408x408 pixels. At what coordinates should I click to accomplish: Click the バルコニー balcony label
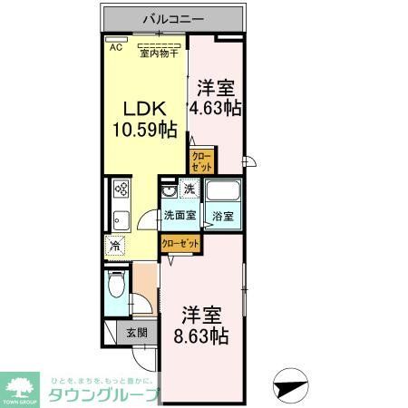tap(171, 18)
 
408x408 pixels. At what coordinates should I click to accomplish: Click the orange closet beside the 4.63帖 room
tap(200, 161)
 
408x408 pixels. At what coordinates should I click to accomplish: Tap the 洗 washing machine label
tap(189, 190)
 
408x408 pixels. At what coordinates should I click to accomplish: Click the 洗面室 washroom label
tap(179, 216)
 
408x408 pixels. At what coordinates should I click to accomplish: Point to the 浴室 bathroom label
tap(222, 216)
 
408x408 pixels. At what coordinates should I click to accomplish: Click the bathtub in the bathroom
tap(221, 193)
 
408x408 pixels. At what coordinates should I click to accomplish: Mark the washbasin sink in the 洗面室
tap(167, 194)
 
